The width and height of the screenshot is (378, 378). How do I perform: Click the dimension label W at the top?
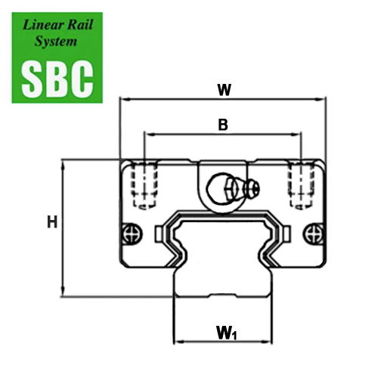(x=225, y=90)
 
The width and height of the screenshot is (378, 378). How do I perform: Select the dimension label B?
(x=223, y=125)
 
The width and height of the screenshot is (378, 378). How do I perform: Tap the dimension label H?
(x=52, y=222)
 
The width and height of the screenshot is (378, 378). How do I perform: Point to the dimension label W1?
(x=226, y=333)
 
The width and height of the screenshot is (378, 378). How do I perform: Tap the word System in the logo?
(x=56, y=42)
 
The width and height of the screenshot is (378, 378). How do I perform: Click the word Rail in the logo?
(x=79, y=25)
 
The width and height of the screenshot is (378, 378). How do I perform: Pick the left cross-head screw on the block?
(x=132, y=234)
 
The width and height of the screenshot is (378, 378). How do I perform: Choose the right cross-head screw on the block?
(x=313, y=234)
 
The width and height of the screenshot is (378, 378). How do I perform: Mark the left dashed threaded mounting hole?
(x=144, y=186)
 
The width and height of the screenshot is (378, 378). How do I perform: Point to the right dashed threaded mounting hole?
(x=301, y=186)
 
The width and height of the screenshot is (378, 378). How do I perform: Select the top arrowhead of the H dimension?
(x=64, y=165)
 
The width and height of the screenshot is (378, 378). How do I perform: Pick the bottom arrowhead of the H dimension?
(x=64, y=292)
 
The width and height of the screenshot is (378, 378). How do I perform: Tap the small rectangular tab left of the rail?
(x=159, y=234)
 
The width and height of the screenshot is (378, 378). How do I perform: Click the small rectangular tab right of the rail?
(x=287, y=234)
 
